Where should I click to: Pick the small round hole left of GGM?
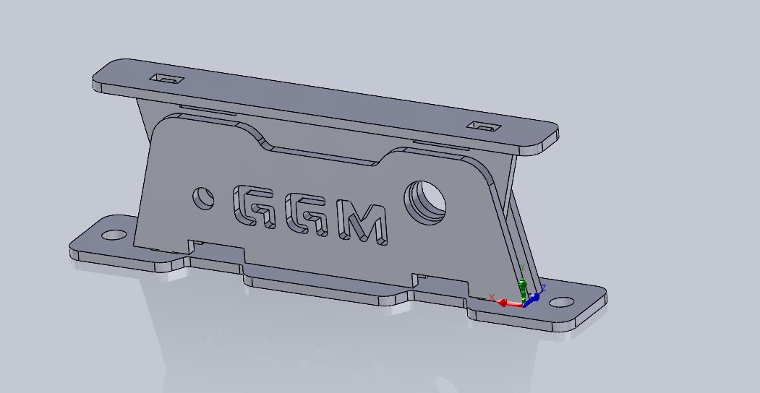(202, 196)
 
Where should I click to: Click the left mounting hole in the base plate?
(112, 236)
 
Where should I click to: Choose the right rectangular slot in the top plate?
(483, 126)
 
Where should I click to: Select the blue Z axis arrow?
(535, 296)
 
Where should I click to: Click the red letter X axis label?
(492, 297)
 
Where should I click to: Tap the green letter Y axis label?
(522, 267)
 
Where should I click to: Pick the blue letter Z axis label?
(543, 288)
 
